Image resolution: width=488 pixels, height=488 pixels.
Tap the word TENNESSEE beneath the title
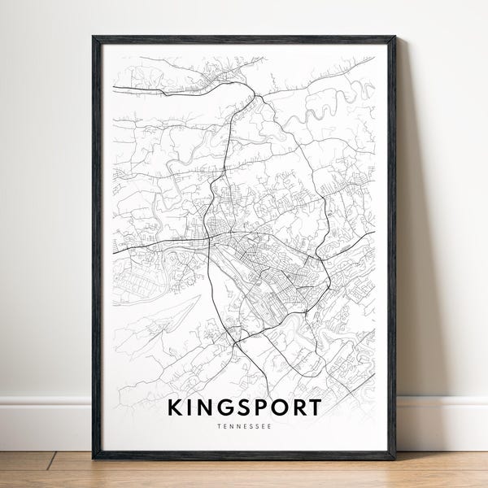click(x=245, y=424)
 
